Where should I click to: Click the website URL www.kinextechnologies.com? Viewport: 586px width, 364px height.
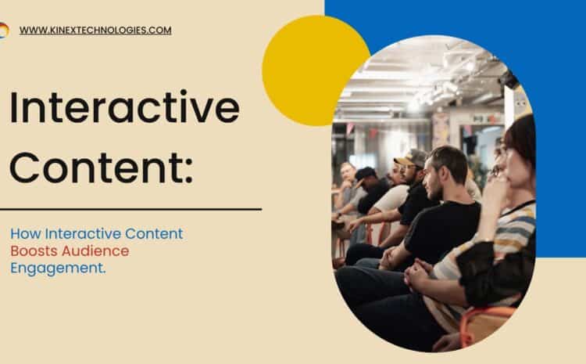tap(95, 31)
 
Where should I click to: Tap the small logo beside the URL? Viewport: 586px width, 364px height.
tap(4, 31)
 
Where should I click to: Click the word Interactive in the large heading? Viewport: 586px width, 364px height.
tap(124, 106)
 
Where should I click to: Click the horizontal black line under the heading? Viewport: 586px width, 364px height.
tap(130, 209)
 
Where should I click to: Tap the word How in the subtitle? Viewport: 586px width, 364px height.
tap(26, 234)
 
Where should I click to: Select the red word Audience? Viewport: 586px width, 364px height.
tap(95, 251)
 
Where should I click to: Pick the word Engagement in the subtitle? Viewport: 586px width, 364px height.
tap(56, 268)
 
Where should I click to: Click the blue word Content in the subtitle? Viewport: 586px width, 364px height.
tap(154, 234)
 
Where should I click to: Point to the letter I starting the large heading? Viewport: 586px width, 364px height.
tap(14, 107)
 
